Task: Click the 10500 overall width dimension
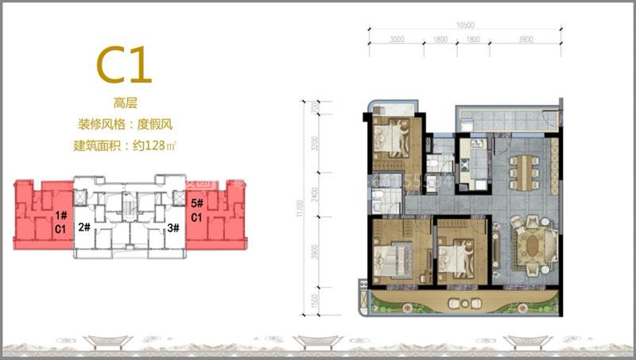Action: click(466, 25)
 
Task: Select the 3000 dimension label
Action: click(397, 38)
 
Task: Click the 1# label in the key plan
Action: click(60, 215)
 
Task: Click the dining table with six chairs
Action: click(523, 170)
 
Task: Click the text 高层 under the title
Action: click(126, 102)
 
